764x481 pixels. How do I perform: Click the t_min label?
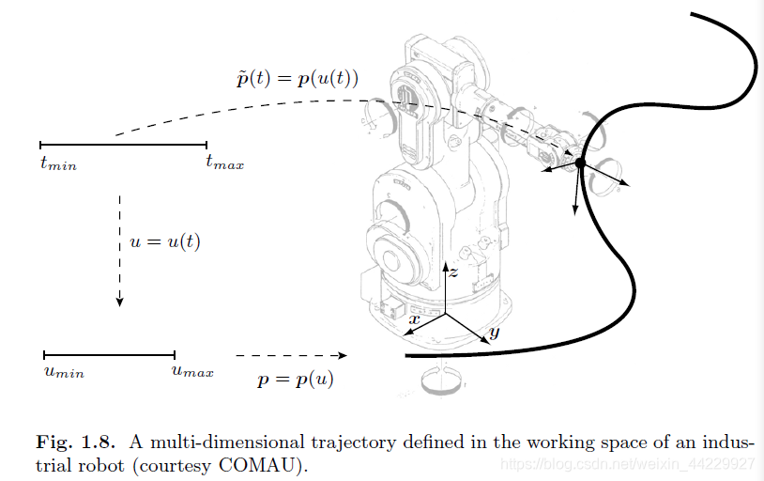(57, 165)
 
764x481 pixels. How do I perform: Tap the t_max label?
(224, 164)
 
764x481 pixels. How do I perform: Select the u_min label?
(64, 372)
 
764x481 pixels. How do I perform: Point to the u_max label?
(191, 372)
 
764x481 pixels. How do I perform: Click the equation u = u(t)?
(165, 241)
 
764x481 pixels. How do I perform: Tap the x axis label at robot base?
(414, 319)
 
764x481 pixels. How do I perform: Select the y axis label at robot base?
(494, 332)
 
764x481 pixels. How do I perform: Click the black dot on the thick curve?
(580, 163)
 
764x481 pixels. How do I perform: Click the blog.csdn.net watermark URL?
(626, 464)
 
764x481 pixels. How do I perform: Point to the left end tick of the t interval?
(40, 145)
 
